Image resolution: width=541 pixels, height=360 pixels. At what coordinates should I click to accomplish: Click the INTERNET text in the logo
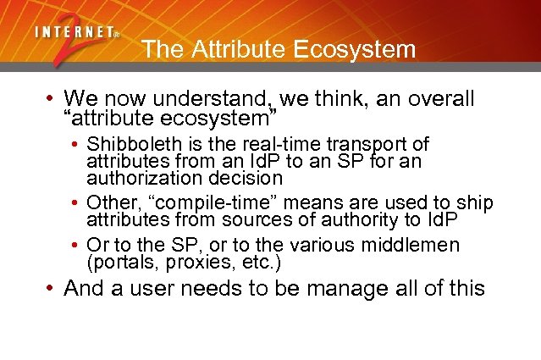click(x=75, y=33)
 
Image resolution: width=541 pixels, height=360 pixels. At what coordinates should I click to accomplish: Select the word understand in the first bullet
click(x=212, y=98)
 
